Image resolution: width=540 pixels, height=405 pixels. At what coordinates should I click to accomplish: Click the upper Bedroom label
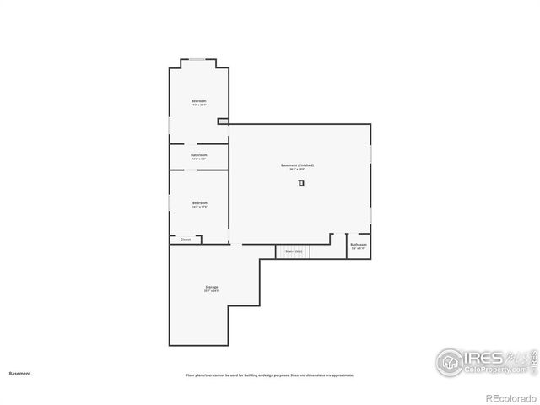tap(199, 101)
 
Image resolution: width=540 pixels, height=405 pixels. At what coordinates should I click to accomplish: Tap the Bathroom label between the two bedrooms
tap(199, 154)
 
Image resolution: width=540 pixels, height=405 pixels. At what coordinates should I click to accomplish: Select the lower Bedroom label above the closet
tap(199, 202)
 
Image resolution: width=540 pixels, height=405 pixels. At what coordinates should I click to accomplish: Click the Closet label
tap(186, 240)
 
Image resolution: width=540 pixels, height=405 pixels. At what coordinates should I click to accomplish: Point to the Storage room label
tap(211, 288)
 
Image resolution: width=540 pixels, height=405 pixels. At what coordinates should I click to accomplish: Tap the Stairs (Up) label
tap(294, 251)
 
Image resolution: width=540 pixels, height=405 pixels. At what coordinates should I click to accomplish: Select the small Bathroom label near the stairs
tap(359, 245)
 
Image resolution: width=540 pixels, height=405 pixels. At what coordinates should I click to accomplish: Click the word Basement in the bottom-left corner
tap(19, 373)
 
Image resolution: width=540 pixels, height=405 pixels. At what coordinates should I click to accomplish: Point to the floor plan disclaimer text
tap(270, 375)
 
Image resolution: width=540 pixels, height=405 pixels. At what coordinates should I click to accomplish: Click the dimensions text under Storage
tap(211, 292)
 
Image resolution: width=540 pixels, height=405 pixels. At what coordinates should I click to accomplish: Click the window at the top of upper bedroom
tap(197, 58)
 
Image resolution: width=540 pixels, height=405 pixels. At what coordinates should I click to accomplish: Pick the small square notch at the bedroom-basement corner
tap(223, 121)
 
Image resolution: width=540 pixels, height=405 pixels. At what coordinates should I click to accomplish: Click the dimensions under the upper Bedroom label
tap(199, 105)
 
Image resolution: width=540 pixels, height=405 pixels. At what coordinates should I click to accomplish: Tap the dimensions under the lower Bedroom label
tap(199, 207)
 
